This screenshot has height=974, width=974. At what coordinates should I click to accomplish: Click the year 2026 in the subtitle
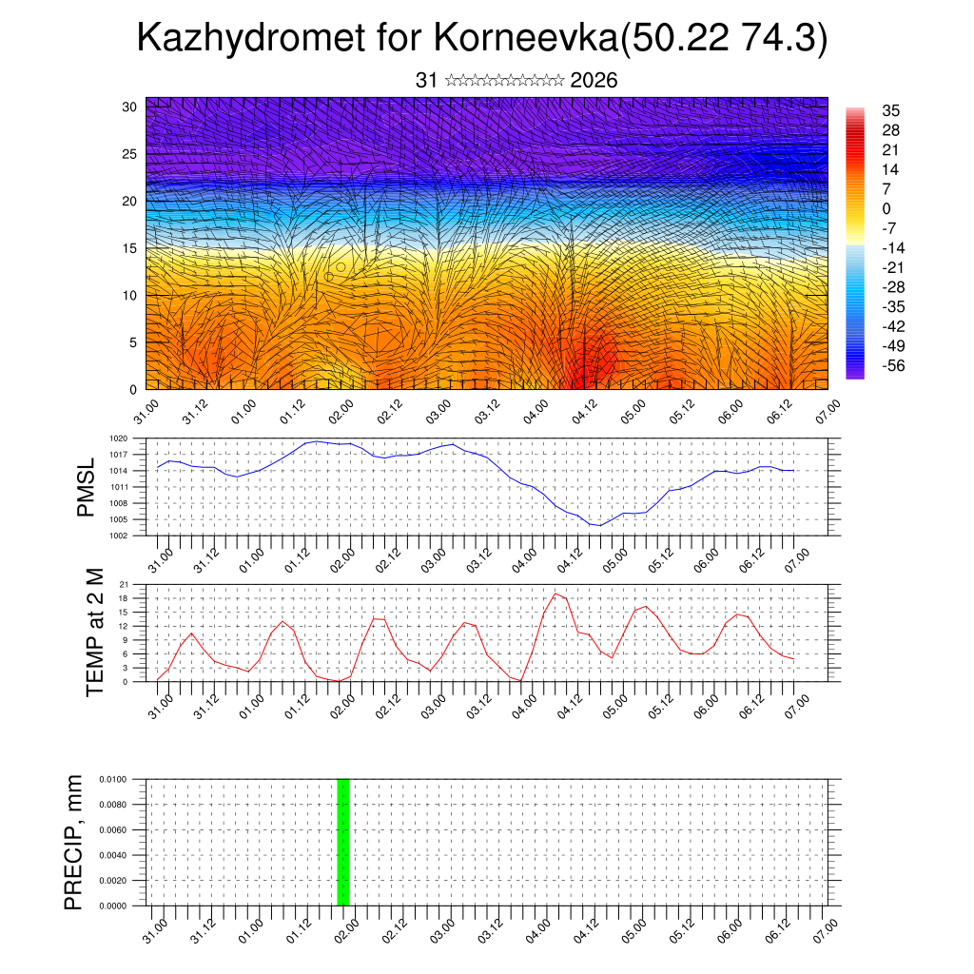click(x=594, y=81)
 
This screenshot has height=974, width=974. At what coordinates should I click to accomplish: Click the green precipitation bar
click(x=343, y=842)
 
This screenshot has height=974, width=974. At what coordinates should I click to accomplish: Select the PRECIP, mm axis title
click(x=74, y=842)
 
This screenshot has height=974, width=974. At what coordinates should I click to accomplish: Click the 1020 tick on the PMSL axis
click(x=119, y=438)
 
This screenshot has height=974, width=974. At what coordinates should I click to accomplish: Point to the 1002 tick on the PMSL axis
click(x=119, y=536)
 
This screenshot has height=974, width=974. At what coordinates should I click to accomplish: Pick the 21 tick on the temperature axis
click(x=125, y=584)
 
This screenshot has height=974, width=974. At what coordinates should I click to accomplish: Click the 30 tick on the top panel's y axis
click(x=129, y=107)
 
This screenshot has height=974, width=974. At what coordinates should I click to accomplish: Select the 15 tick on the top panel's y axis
click(x=129, y=248)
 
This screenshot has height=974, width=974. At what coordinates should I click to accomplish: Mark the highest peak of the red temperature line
click(x=555, y=594)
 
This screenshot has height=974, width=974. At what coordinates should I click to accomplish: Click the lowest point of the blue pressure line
click(x=599, y=525)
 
